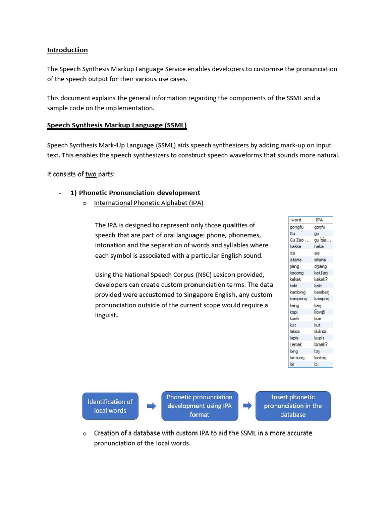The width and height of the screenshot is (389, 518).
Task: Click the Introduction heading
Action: [67, 50]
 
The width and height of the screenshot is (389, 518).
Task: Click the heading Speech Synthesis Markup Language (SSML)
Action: [117, 125]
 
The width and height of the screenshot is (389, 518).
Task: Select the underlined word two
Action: [91, 174]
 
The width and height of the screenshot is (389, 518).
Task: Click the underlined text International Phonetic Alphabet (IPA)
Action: [148, 203]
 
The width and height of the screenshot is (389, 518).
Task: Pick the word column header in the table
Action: [296, 220]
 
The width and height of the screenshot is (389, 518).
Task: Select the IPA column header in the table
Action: [319, 220]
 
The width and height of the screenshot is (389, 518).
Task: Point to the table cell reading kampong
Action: [298, 299]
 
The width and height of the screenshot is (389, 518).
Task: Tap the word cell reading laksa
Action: [295, 331]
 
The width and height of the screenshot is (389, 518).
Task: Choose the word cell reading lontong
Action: [297, 358]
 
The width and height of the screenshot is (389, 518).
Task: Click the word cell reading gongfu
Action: [297, 227]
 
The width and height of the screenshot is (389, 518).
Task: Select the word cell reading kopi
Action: [294, 312]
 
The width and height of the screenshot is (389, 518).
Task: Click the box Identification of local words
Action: [110, 406]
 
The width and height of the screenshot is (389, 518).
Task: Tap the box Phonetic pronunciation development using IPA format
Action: [199, 406]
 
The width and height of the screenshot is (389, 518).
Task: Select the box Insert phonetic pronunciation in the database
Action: [293, 406]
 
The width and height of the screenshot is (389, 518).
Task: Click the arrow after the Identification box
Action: [151, 406]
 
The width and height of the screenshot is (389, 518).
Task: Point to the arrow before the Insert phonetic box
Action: [247, 406]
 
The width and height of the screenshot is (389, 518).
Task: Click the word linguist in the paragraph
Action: [106, 315]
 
